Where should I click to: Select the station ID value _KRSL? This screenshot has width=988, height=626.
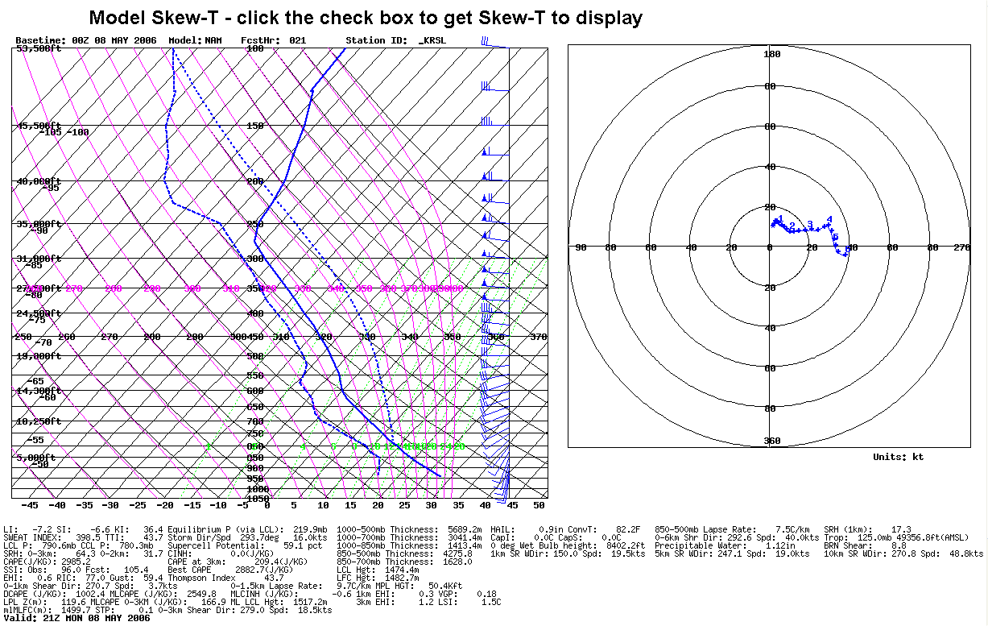432,40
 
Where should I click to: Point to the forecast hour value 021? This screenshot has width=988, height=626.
297,40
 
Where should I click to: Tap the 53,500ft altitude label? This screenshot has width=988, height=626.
39,49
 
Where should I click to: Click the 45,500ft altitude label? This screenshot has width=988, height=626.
39,126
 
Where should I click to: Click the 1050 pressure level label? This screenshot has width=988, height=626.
258,498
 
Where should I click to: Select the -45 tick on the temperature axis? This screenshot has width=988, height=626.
29,505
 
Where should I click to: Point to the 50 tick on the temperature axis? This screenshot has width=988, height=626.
539,505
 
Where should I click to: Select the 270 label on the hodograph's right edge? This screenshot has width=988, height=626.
961,247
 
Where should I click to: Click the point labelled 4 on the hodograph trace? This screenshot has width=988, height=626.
829,219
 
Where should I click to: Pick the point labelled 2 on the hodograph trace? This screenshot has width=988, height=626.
792,226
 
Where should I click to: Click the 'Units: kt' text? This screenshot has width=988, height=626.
898,457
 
